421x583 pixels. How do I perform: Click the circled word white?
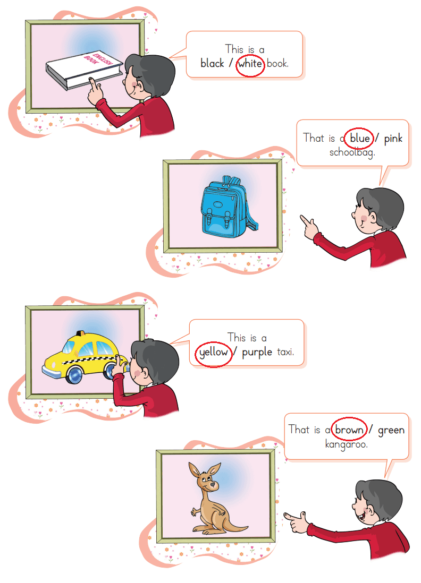click(x=250, y=64)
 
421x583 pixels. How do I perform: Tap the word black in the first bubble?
click(x=212, y=63)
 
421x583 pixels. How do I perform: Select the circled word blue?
click(x=359, y=138)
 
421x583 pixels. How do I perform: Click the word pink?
click(x=393, y=139)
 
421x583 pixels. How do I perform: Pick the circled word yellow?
click(x=213, y=352)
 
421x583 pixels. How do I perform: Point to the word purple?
click(x=257, y=352)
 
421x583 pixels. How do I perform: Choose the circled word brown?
click(x=349, y=430)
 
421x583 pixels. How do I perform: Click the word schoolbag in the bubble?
click(x=352, y=152)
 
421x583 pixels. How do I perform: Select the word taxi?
click(x=285, y=351)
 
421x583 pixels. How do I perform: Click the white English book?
click(x=84, y=70)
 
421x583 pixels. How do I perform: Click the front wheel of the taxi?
click(x=74, y=375)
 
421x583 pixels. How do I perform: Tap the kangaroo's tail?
click(x=235, y=525)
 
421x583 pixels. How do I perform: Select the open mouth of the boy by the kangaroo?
click(x=360, y=517)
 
